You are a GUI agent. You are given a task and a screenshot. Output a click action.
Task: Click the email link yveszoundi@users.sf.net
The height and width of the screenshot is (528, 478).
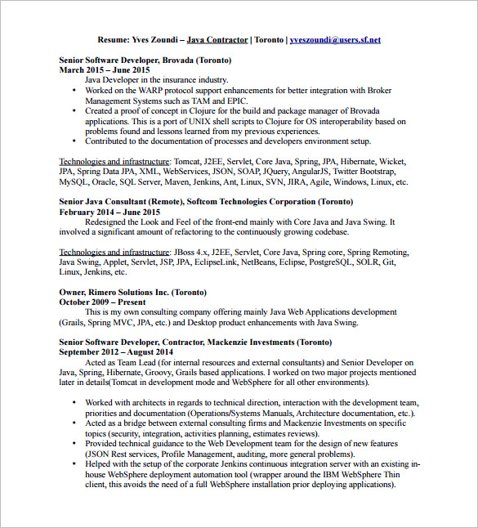click(335, 39)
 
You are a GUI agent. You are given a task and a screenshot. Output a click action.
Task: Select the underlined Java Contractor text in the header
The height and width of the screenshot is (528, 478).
click(216, 39)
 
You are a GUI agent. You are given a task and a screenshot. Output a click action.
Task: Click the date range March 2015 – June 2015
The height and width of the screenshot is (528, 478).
click(104, 70)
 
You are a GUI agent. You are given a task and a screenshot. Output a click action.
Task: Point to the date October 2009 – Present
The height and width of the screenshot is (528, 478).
click(98, 302)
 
